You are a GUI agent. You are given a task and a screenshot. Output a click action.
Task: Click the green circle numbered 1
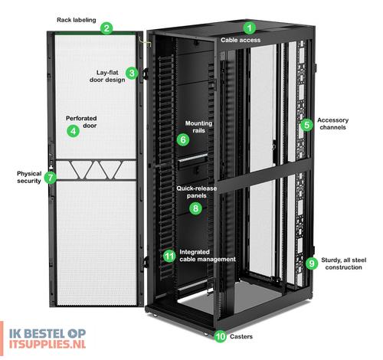[249, 28]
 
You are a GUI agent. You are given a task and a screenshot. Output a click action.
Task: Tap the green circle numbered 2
[106, 28]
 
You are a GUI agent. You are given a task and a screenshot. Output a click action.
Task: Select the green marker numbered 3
[132, 74]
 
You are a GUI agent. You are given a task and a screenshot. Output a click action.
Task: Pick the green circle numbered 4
[74, 131]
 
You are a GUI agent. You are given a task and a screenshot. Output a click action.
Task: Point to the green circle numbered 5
[306, 125]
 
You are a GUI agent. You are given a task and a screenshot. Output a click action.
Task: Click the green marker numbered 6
[183, 139]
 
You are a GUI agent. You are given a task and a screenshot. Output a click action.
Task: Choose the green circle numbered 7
[51, 178]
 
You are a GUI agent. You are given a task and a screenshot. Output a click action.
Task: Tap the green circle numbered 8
[195, 208]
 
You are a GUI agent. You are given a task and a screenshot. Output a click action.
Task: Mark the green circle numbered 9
[312, 263]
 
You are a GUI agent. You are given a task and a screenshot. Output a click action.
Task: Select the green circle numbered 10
[220, 336]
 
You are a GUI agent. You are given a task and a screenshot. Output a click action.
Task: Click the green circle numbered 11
[169, 256]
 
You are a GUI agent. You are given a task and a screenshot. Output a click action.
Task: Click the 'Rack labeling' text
[77, 20]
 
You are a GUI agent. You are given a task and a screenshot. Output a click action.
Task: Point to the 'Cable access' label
[241, 40]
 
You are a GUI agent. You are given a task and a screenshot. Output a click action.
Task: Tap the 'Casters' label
[241, 336]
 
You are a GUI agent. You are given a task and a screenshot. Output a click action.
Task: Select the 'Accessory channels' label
[332, 124]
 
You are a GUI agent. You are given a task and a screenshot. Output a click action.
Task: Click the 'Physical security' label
[29, 177]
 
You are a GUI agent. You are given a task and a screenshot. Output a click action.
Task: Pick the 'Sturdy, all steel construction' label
[343, 263]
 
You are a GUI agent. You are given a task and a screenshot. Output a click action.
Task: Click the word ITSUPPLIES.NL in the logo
[47, 344]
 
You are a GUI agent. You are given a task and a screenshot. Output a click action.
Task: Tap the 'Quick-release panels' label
[197, 192]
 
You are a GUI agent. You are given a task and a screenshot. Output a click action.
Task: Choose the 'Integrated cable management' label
[208, 256]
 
